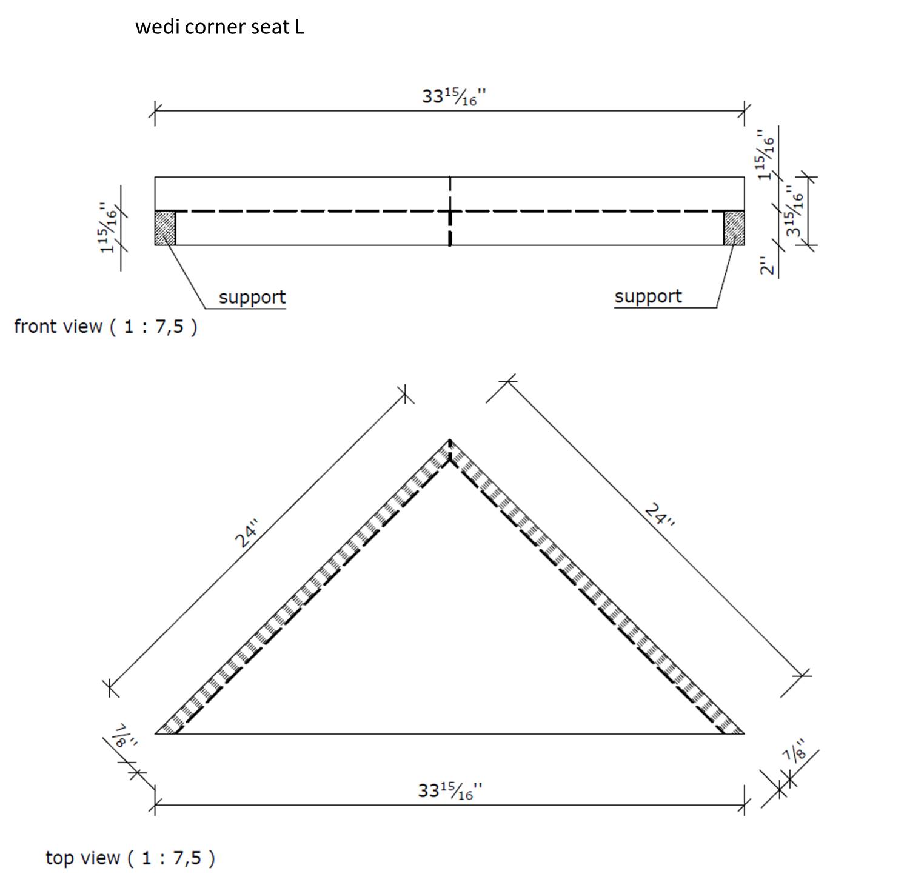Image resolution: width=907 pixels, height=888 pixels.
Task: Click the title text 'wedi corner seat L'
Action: tap(219, 27)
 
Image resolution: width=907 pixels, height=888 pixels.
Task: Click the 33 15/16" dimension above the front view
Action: tap(453, 97)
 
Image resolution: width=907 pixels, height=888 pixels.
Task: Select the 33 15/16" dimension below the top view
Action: tap(449, 791)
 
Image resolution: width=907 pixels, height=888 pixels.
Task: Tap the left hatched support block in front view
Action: tap(165, 228)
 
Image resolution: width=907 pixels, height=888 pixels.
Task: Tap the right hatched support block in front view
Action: tap(734, 228)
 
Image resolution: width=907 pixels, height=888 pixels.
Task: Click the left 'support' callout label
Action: tap(252, 298)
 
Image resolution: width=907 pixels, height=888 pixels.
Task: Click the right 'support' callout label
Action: tap(648, 296)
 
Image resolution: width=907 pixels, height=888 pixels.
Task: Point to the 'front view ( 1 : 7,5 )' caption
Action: tap(105, 327)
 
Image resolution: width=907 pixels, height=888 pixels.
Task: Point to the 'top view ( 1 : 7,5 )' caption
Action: tap(130, 858)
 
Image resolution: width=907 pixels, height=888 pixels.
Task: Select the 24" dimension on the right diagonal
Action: tap(660, 515)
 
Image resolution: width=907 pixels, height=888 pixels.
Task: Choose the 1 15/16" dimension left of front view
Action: tap(109, 227)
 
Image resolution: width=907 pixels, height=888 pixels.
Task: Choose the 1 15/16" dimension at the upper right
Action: tap(765, 154)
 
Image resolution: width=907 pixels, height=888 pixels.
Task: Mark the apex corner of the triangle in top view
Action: tap(449, 441)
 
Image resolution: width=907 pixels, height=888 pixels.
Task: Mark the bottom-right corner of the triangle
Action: tap(744, 733)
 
